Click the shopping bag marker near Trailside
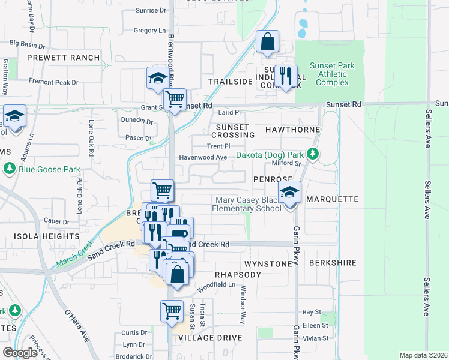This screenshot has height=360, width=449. [x=268, y=43]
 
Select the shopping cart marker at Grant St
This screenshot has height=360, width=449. [x=175, y=100]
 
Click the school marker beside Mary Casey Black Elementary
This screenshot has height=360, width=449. [x=290, y=193]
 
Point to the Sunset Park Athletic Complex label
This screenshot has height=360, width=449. [x=332, y=74]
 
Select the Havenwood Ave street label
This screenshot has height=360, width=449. [x=203, y=157]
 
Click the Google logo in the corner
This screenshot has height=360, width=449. [x=20, y=352]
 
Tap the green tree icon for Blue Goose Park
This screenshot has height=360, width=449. [x=10, y=169]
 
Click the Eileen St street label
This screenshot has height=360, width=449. [x=315, y=325]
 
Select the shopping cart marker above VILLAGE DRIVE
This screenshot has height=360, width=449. [x=172, y=311]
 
